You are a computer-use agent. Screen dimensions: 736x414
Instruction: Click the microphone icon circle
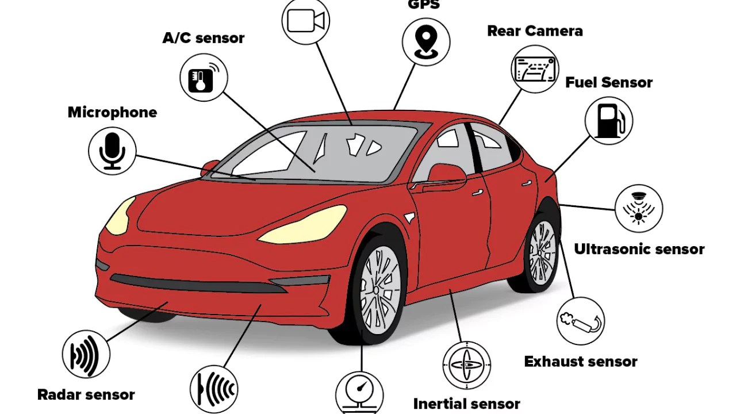tap(112, 151)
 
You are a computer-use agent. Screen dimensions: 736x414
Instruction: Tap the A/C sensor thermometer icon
tap(204, 77)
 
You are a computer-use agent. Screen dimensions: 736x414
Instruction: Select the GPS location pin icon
tap(426, 41)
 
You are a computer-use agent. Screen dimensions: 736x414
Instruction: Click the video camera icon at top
tap(306, 21)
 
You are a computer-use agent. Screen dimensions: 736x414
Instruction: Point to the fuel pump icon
tap(608, 120)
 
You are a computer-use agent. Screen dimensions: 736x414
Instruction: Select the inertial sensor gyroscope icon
tap(466, 365)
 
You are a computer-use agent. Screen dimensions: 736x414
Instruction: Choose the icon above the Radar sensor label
tap(86, 354)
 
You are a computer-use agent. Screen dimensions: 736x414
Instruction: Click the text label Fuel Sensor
tap(609, 82)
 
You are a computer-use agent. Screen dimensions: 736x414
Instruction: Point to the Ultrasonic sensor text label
tap(639, 249)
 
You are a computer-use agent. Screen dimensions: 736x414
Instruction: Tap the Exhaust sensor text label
tap(581, 362)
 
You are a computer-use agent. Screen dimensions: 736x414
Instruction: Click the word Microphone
tap(112, 112)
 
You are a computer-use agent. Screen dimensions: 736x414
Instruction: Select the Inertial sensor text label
tap(466, 404)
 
